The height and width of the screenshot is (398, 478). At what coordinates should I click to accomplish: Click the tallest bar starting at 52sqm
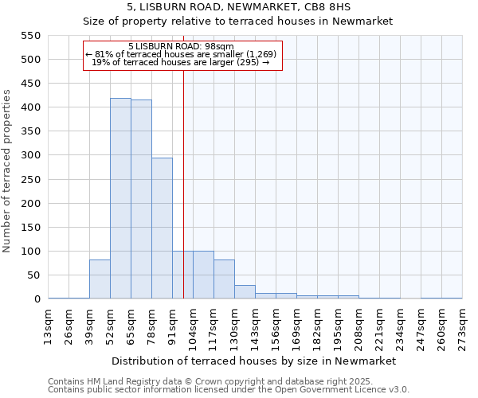coord(120,198)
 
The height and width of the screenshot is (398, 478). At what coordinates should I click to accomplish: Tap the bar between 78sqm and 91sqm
coord(162,228)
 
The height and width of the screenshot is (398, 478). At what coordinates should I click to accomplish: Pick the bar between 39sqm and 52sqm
coord(100,279)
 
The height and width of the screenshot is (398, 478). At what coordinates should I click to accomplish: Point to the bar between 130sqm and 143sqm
coord(245,291)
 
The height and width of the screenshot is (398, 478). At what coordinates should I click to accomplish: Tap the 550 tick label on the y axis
coord(30,36)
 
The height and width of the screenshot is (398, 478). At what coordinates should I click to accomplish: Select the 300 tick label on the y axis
coord(30,155)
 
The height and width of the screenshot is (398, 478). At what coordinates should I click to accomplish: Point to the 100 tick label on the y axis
coord(30,252)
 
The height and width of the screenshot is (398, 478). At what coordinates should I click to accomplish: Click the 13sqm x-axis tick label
coord(48,324)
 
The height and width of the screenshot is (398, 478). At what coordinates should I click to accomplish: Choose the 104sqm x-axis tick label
coord(193,326)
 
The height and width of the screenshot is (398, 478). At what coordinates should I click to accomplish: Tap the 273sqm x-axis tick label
coord(462,326)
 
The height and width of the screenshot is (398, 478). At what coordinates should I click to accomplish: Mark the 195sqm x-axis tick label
coord(338,326)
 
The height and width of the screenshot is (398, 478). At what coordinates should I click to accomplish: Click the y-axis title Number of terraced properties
coord(7,171)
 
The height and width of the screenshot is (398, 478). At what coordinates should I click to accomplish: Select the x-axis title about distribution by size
coord(255,361)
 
